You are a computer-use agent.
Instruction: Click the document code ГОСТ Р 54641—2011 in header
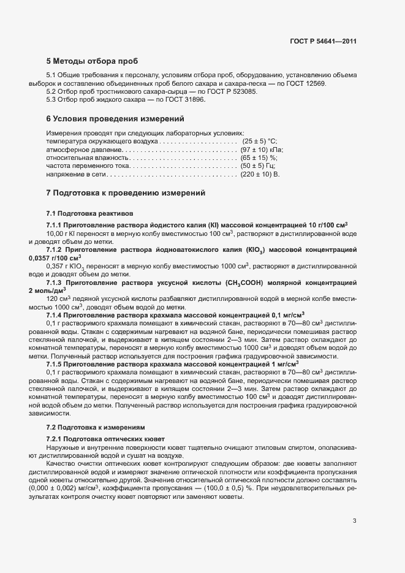tap(323, 42)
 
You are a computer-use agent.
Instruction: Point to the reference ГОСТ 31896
tap(181, 99)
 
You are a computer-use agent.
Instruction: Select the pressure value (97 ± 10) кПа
tap(262, 150)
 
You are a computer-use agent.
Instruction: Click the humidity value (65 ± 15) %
tap(259, 158)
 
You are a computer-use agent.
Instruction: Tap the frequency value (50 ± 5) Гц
tap(257, 167)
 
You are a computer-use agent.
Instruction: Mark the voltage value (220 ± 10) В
tap(260, 175)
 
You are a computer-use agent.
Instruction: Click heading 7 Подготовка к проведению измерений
tap(126, 193)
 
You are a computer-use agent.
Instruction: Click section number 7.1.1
tap(56, 224)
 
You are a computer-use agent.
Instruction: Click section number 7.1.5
tap(56, 365)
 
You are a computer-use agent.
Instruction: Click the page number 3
tap(354, 504)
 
